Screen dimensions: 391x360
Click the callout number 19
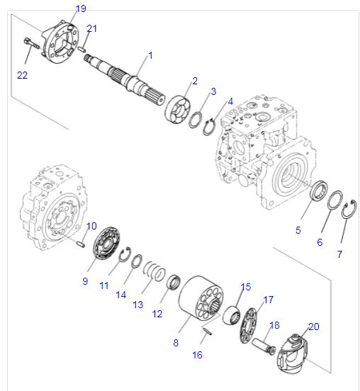[81, 8]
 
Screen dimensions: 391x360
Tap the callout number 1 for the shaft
[150, 55]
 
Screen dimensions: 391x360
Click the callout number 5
[298, 230]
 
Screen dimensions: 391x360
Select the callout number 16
[198, 355]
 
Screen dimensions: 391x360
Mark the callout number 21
[91, 28]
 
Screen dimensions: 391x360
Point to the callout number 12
[157, 314]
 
